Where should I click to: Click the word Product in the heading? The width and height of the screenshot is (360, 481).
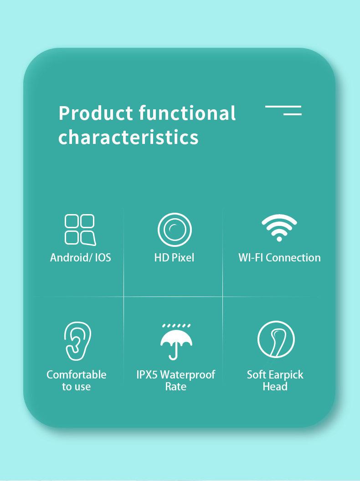[x=96, y=113]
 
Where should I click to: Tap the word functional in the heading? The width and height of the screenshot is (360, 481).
[x=187, y=113]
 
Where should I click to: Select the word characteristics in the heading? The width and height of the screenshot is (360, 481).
[x=129, y=137]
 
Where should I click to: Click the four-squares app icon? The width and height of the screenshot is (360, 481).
[x=80, y=230]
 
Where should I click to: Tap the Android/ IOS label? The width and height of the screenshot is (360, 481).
[x=81, y=257]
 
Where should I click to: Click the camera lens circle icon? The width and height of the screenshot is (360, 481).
[x=175, y=230]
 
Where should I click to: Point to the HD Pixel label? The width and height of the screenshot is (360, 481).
[x=174, y=257]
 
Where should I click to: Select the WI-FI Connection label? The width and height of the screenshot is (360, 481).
[x=279, y=257]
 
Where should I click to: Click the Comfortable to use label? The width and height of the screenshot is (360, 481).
[x=77, y=380]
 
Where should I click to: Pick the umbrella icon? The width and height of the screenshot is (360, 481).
[x=176, y=342]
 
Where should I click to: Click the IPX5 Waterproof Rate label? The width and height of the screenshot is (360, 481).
[x=176, y=380]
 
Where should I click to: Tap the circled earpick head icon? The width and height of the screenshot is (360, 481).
[x=276, y=340]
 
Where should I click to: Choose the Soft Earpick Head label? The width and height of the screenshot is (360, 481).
[x=275, y=380]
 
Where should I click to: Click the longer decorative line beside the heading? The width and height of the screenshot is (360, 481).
[x=283, y=107]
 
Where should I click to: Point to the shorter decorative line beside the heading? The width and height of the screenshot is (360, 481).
[x=292, y=114]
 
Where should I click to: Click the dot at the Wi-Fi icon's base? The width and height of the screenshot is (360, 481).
[x=279, y=238]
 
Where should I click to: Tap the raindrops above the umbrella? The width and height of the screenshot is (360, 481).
[x=176, y=326]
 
